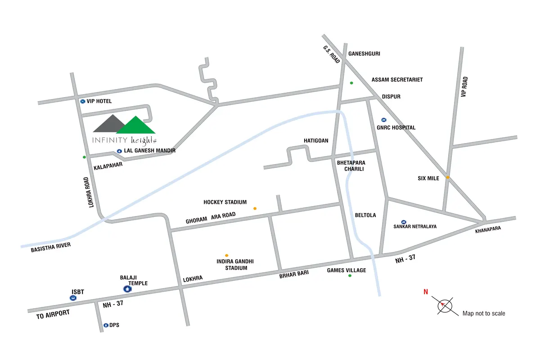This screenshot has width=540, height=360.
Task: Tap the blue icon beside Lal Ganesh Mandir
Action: click(119, 151)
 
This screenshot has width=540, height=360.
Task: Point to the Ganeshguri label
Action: click(364, 54)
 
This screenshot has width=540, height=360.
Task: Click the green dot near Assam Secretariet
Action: click(351, 83)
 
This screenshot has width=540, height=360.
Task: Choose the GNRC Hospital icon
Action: click(383, 120)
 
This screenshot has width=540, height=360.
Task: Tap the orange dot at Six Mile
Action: click(448, 177)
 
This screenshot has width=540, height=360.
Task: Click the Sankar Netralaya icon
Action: click(404, 222)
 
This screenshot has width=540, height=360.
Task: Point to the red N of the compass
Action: click(425, 292)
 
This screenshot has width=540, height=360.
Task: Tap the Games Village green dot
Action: click(350, 275)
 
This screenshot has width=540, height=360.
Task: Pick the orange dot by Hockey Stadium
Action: click(255, 208)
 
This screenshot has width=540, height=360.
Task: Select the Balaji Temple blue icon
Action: click(127, 289)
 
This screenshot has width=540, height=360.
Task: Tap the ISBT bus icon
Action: click(73, 298)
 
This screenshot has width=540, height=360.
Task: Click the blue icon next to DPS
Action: click(106, 325)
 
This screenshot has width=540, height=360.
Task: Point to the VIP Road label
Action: click(465, 87)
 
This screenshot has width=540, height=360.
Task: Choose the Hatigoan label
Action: click(316, 141)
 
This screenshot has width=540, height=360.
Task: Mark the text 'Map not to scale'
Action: click(484, 313)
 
